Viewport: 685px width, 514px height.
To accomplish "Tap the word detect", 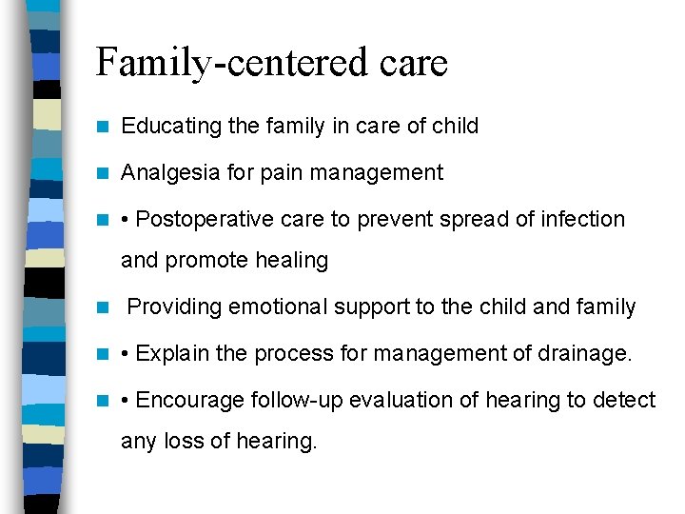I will click(624, 400).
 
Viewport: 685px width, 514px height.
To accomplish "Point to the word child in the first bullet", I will click(455, 126).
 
